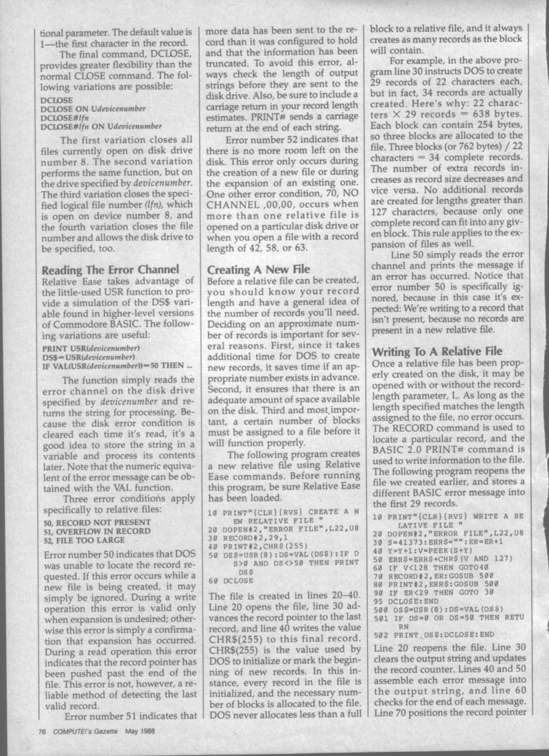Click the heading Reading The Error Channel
111,269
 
